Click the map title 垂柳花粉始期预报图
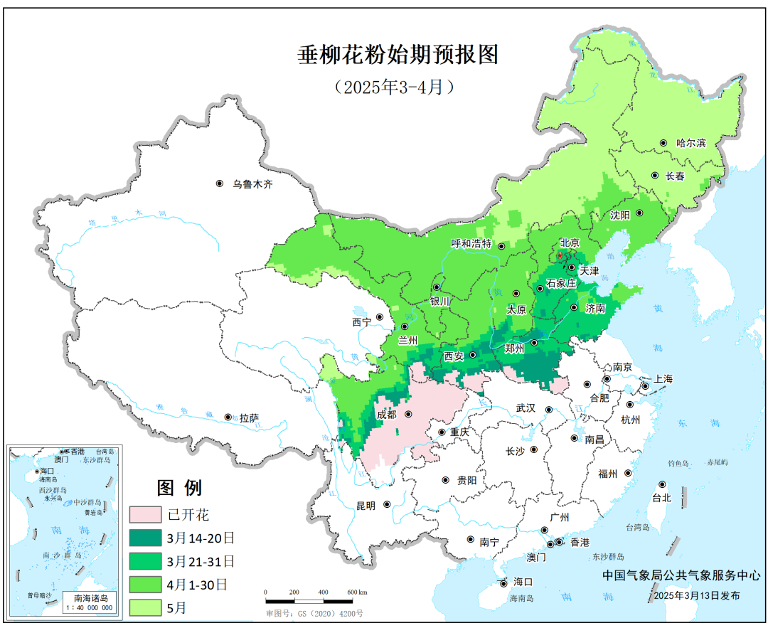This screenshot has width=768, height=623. [398, 55]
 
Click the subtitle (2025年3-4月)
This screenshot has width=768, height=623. [393, 87]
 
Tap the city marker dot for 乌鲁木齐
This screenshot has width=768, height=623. [220, 183]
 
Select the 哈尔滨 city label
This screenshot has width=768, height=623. [690, 143]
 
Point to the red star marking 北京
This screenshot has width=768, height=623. [560, 255]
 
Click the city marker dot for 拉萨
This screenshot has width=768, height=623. [228, 417]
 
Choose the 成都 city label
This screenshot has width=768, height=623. [388, 415]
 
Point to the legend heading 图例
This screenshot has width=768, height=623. [179, 488]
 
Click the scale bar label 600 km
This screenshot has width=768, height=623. [356, 592]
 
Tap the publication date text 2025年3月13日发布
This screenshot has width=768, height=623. [697, 595]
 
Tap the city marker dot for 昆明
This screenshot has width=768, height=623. [388, 505]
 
